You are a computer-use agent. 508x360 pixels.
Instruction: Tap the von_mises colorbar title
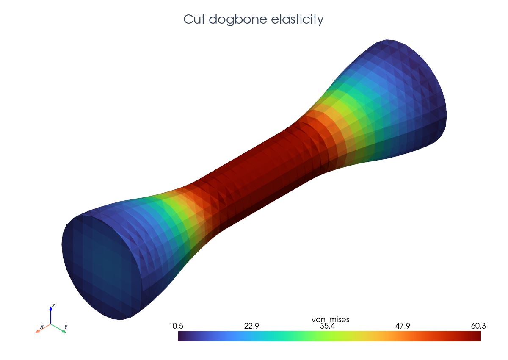click(330, 320)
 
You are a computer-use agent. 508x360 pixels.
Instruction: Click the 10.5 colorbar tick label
click(176, 326)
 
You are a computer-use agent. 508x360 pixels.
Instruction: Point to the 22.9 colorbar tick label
click(251, 326)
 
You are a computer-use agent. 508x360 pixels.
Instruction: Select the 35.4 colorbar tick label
click(327, 326)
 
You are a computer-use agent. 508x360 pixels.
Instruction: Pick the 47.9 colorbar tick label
click(403, 326)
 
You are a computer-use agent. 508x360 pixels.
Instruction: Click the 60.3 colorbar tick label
click(478, 326)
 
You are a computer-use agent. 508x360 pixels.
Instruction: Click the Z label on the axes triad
click(53, 305)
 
